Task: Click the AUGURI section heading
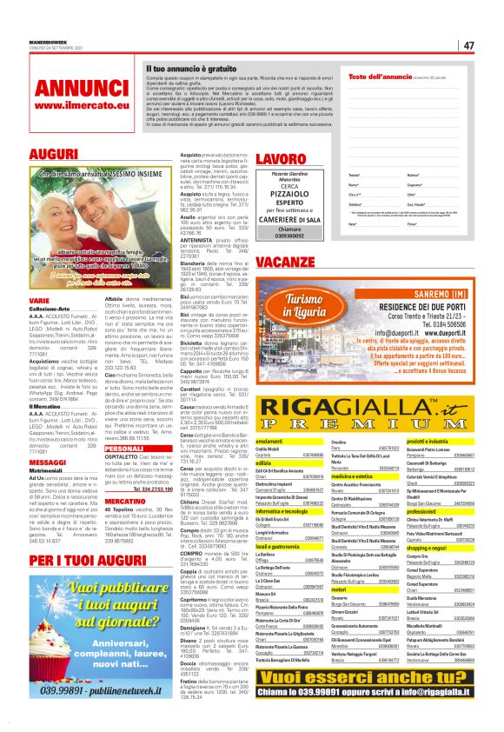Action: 29,154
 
